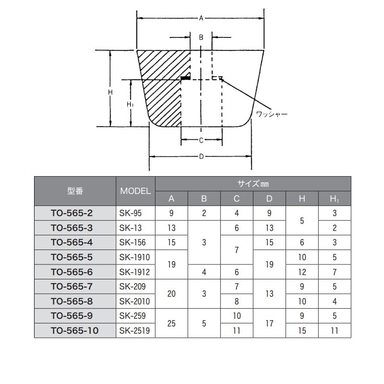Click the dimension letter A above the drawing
tap(201, 18)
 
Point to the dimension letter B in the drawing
tap(201, 37)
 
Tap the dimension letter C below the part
tap(201, 140)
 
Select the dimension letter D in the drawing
tap(201, 156)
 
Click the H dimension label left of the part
tap(110, 92)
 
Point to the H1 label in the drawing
tap(130, 105)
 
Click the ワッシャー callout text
tap(272, 114)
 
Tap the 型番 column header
tap(75, 191)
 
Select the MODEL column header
tap(135, 191)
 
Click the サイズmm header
tap(253, 184)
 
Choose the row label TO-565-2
tap(72, 213)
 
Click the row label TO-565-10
tap(75, 331)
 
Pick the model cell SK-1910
tap(134, 257)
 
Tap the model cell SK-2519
tap(134, 331)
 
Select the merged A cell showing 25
tap(171, 323)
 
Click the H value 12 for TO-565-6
tap(302, 272)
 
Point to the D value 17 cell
tap(269, 323)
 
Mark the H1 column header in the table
tap(335, 199)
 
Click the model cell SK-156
tap(132, 242)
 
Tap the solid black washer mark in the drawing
tap(185, 78)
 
